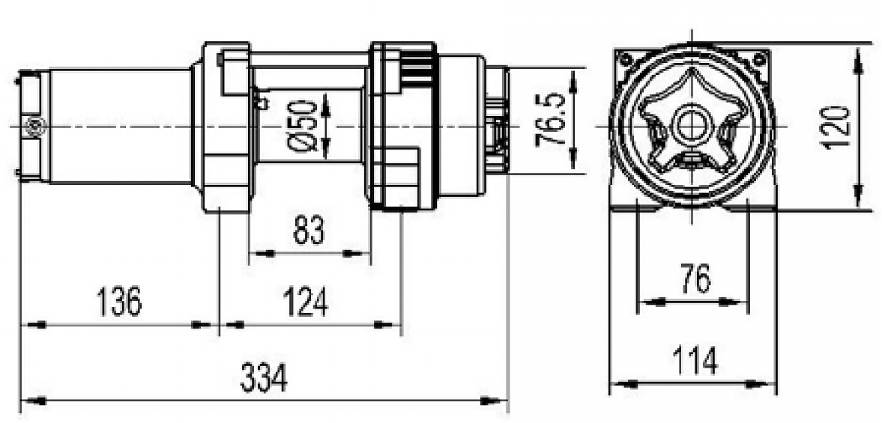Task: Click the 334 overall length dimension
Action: pos(263,380)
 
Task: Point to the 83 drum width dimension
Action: pos(309,231)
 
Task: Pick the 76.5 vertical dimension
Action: pos(551,120)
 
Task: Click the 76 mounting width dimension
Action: pos(695,280)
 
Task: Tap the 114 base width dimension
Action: pos(695,361)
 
